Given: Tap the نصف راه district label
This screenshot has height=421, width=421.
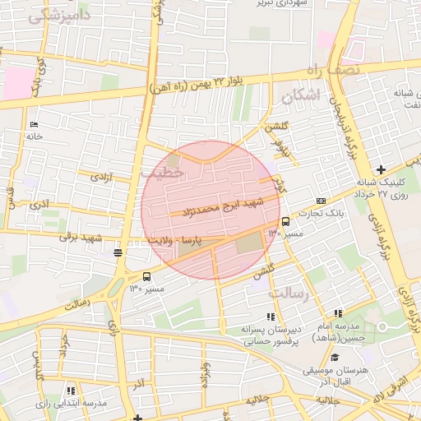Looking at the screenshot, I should (x=335, y=71).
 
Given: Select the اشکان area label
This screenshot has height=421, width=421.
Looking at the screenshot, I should (x=298, y=97).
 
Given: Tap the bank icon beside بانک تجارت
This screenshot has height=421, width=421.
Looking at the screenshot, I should (x=320, y=201).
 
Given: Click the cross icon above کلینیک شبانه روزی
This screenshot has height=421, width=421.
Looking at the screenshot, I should (x=380, y=169).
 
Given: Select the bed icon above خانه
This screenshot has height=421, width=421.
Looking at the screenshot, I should (x=34, y=125).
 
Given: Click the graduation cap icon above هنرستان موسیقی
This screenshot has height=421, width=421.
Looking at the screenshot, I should (x=335, y=357).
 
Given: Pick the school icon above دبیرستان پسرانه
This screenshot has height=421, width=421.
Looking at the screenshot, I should (x=270, y=317).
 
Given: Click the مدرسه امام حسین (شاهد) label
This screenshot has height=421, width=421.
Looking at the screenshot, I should (x=340, y=331).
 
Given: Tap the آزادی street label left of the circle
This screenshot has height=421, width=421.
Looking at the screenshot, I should (x=100, y=176).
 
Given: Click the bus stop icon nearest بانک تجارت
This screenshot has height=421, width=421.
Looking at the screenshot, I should (x=285, y=220).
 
